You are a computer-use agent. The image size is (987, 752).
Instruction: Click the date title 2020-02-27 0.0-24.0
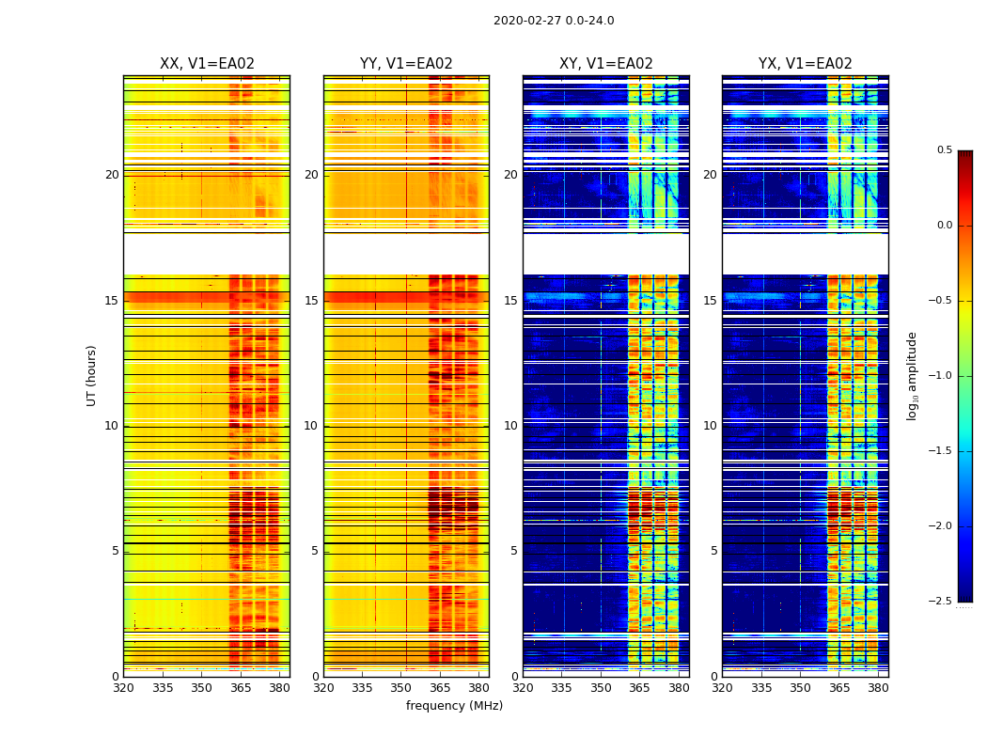(x=553, y=21)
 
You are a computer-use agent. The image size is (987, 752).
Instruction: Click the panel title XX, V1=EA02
(x=207, y=64)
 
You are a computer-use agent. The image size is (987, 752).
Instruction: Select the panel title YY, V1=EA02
(x=406, y=64)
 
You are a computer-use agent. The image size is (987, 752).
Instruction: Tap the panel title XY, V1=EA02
(x=605, y=64)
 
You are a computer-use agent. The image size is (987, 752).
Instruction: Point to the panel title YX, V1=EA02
(x=805, y=64)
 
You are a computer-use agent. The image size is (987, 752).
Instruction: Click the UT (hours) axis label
(x=92, y=375)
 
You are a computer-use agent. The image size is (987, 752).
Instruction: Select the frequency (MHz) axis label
(x=454, y=706)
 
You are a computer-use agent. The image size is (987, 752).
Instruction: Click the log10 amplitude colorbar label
(x=912, y=375)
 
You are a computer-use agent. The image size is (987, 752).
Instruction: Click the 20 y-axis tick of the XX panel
(x=112, y=175)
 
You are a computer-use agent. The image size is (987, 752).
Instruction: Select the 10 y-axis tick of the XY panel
(x=510, y=426)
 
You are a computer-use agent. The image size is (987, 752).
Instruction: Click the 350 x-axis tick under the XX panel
(x=201, y=687)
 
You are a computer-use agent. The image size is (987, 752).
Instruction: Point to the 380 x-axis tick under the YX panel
(x=878, y=687)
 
